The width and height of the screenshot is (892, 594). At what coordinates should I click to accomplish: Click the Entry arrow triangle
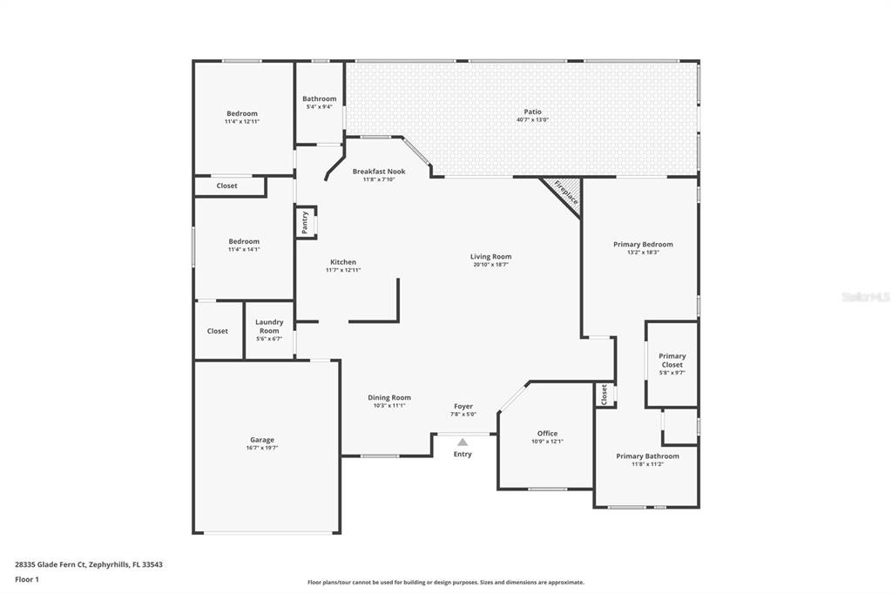point(463,442)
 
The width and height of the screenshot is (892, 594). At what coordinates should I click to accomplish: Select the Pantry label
point(305,222)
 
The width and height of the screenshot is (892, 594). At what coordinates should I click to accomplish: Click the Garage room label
point(262,440)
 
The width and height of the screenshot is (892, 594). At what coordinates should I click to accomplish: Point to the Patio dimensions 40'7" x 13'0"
point(532,119)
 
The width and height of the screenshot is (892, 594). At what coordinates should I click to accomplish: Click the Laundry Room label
point(269,327)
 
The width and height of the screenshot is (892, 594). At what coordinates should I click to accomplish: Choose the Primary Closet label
point(672,360)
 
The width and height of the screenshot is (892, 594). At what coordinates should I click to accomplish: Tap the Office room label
point(547,433)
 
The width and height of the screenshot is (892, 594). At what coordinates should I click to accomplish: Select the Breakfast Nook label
point(379,172)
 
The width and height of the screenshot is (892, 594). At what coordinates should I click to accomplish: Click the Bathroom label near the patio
point(319,99)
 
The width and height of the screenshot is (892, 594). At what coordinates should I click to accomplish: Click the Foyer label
point(463,406)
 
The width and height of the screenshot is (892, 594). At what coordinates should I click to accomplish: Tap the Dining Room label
point(389,397)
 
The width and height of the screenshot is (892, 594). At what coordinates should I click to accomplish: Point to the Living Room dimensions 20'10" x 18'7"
point(490,265)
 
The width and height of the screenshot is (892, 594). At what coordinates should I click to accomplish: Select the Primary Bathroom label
point(647,456)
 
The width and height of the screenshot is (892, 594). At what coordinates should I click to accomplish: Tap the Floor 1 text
point(27,578)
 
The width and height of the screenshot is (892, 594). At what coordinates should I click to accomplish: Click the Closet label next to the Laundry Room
point(217,331)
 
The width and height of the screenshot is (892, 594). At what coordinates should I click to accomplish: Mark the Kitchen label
point(343,262)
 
